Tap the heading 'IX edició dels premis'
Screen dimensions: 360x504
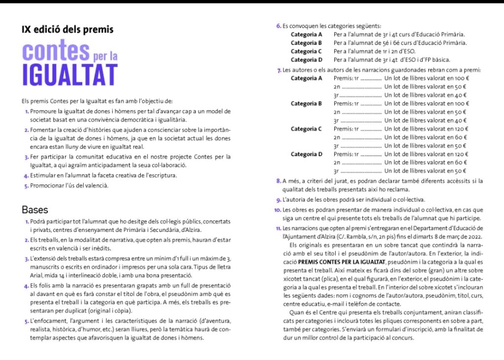(67, 29)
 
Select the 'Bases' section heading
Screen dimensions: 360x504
(35, 209)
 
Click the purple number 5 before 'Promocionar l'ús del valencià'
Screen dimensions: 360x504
(26, 186)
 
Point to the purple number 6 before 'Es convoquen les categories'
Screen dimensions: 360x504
(279, 26)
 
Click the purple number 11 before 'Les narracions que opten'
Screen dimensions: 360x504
(278, 229)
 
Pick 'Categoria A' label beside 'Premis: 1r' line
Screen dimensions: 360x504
(306, 78)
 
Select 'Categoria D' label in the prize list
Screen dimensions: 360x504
(306, 154)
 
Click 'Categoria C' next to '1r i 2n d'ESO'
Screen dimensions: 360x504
(306, 51)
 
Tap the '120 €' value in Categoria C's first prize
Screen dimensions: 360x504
(460, 129)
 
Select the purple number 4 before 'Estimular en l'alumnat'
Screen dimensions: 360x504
(26, 176)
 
